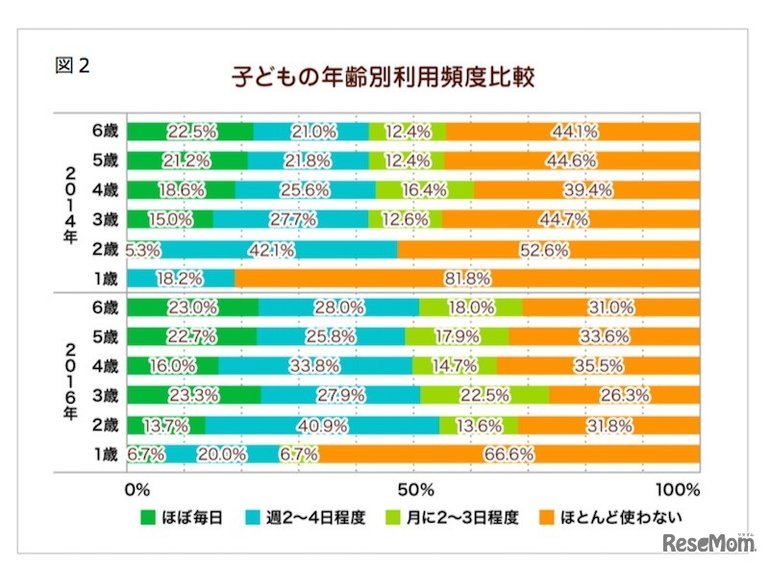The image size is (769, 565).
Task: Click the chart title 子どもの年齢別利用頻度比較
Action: point(383,75)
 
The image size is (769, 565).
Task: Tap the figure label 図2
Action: point(75,67)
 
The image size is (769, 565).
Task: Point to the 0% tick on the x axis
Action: point(138,487)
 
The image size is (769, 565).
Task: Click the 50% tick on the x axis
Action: point(414,487)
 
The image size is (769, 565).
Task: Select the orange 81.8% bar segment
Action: point(467,279)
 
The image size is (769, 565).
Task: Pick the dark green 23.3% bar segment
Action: point(193,395)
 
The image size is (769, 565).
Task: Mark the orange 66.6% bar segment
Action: point(509,454)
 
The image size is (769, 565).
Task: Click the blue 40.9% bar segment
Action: point(322,425)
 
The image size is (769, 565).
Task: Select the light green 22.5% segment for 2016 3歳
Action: point(484,395)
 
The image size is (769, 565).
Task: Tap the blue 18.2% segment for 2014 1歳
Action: point(181,279)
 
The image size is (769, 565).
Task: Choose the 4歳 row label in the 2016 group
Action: point(106,366)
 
